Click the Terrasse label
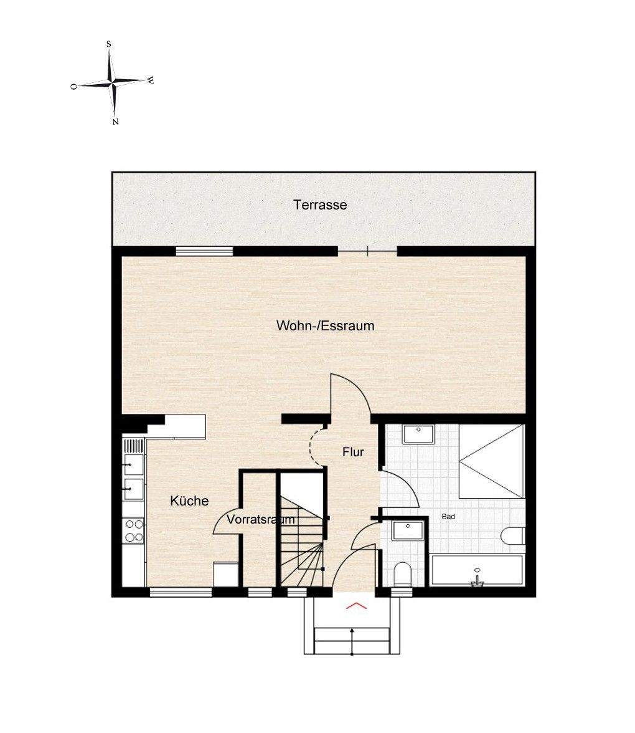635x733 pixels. click(320, 204)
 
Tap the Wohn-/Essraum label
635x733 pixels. click(326, 325)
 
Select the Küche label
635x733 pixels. click(189, 501)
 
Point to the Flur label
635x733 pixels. click(353, 452)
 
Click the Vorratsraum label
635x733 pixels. click(261, 519)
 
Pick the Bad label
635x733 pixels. click(448, 517)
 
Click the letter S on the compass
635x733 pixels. click(109, 44)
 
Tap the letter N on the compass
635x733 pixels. click(115, 122)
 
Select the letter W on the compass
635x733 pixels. click(150, 80)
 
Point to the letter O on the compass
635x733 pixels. click(73, 87)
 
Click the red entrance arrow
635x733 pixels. click(356, 606)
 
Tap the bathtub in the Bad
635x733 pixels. click(477, 570)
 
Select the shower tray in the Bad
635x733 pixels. click(492, 461)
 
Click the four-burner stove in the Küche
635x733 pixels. click(134, 531)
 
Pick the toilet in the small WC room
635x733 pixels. click(402, 574)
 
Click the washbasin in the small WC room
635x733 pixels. click(408, 530)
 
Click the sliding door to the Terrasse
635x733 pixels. click(367, 252)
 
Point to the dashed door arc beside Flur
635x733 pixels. click(316, 448)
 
